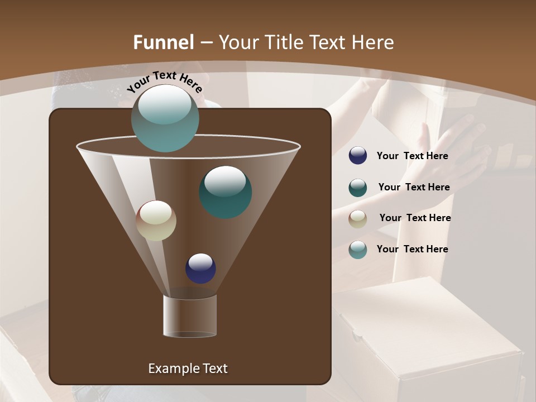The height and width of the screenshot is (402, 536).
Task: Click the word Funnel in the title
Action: tap(163, 42)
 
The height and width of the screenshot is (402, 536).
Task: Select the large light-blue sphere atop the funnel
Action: tap(165, 118)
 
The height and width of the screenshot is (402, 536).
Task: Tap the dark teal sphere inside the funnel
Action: tap(226, 192)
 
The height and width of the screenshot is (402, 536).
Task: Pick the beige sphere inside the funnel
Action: tap(156, 221)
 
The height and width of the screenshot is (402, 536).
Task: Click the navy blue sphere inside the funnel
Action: tap(200, 268)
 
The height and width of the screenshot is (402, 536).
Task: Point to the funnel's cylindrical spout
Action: tap(190, 316)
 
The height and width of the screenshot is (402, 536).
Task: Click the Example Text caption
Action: tap(188, 368)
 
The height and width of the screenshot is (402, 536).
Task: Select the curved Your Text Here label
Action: tap(165, 82)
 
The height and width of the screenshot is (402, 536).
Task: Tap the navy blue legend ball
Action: tap(358, 156)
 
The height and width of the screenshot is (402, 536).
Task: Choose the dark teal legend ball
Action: tap(358, 188)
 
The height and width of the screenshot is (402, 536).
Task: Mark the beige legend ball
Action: tap(358, 218)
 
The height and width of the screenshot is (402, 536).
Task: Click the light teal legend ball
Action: tap(358, 250)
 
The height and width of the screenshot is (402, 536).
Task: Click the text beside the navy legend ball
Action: tap(412, 156)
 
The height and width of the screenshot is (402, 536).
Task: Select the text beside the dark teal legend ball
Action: tap(414, 188)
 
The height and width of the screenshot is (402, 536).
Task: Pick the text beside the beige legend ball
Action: tap(415, 218)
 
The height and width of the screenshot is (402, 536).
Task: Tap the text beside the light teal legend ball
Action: tap(412, 250)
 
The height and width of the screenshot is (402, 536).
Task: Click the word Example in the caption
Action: tap(172, 368)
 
